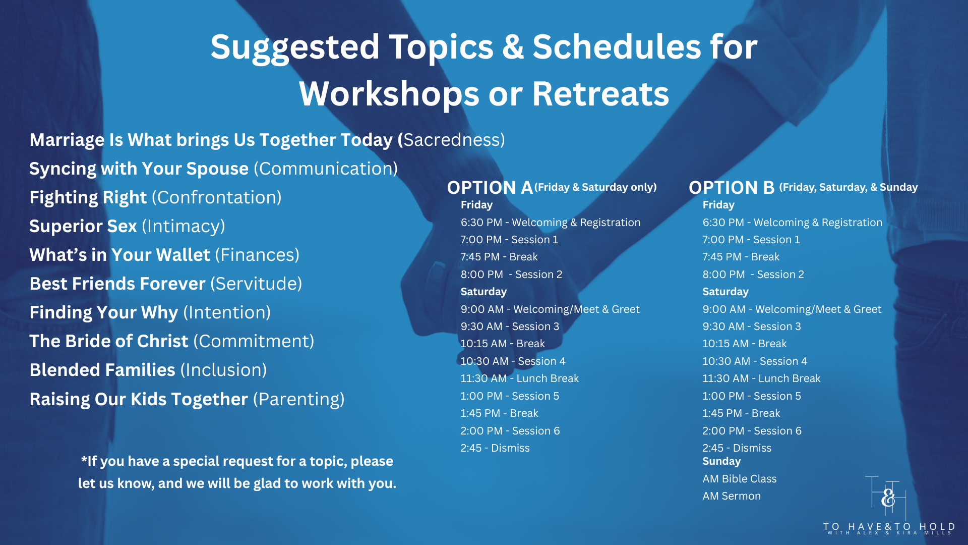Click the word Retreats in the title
click(600, 94)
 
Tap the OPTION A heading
click(490, 188)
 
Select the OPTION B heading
click(732, 188)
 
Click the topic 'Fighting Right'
click(88, 197)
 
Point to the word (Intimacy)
click(184, 226)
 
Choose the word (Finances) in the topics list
click(257, 255)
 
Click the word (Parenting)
click(299, 399)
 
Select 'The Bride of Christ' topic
click(109, 341)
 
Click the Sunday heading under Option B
click(721, 461)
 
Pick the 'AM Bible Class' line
click(740, 479)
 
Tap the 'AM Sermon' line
click(732, 496)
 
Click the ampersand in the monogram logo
click(888, 498)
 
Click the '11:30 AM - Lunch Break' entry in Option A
click(519, 378)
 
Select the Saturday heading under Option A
click(483, 292)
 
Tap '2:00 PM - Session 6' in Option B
click(752, 431)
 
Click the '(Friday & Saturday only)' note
click(595, 187)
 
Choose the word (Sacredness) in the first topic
click(454, 140)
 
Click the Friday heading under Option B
click(718, 205)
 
